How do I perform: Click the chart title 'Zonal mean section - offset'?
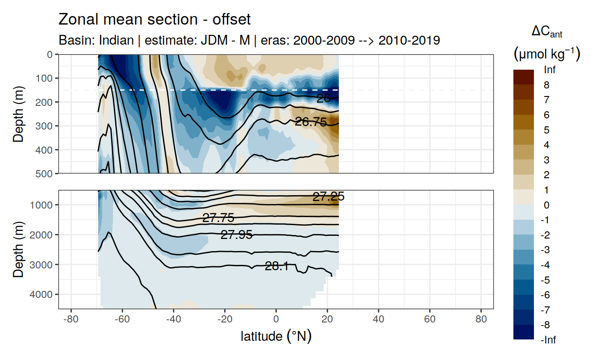point(154,20)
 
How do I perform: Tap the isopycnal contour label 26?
point(323,98)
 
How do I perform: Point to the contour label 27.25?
point(328,197)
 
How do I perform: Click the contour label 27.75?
point(218,218)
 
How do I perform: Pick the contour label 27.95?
point(237,234)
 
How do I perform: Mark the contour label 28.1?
point(276,267)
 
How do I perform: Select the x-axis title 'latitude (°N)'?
point(276,336)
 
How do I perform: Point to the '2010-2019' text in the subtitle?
point(409,40)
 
